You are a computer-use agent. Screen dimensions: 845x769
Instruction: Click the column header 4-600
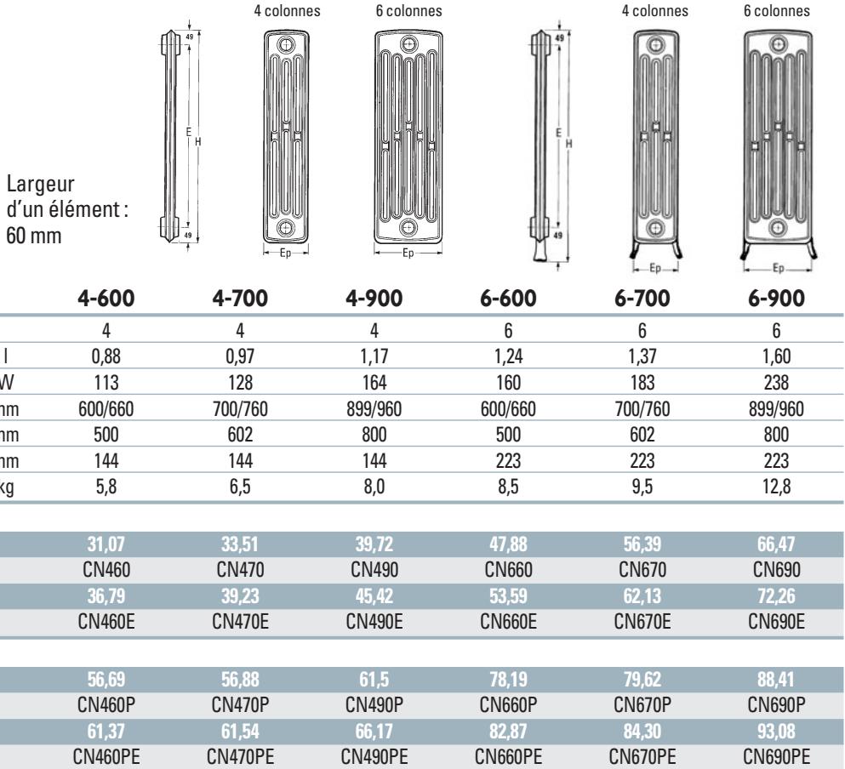coord(106,298)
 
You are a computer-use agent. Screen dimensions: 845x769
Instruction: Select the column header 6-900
coord(776,298)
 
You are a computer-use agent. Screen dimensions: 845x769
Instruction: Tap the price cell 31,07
coord(106,544)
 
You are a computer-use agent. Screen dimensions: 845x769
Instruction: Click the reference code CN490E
coord(374,621)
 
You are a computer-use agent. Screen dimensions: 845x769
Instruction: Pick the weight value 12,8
coord(776,487)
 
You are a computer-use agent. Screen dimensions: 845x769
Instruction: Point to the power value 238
coord(776,383)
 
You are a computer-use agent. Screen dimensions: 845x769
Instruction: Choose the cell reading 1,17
coord(374,356)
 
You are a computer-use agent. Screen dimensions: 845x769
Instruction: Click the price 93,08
coord(776,732)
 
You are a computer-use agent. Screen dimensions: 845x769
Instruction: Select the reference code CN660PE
coord(508,756)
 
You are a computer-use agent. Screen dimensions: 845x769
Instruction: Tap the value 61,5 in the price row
coord(374,680)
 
